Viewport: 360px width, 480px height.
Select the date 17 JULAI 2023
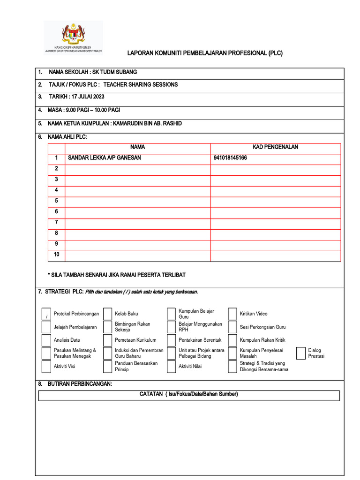87,97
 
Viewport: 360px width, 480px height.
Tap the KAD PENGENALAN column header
275,147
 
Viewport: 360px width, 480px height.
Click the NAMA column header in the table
137,147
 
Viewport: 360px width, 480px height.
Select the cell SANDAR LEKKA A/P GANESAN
105,158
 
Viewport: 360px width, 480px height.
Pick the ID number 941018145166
230,158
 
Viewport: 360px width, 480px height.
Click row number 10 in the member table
56,255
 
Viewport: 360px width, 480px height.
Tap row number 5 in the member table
56,201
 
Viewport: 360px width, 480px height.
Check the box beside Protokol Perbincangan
46,314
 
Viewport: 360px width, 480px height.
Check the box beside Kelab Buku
107,314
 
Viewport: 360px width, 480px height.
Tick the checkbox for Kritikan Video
232,314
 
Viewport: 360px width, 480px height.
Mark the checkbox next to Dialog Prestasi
301,353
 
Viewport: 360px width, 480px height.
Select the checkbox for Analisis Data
46,340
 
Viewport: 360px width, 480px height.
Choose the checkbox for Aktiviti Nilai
171,367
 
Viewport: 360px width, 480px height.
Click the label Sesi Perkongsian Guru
262,327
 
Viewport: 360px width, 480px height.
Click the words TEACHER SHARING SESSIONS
141,84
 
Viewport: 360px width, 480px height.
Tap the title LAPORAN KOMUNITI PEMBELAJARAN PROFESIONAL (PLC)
205,53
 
